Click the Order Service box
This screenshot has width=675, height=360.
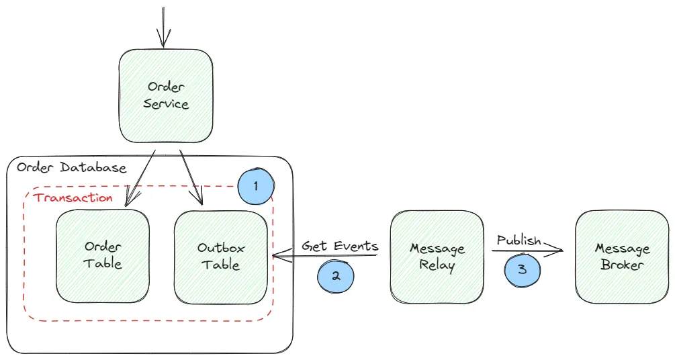166,95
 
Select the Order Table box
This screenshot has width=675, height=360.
103,255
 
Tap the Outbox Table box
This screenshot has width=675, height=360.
221,256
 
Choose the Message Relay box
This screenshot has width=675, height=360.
437,256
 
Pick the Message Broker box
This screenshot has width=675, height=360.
622,256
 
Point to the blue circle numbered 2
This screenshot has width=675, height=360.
335,277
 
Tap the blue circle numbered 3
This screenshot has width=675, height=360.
522,269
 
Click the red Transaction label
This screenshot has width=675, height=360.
73,197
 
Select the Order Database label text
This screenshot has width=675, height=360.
71,168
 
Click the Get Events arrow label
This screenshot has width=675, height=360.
340,246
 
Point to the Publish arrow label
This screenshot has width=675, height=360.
519,240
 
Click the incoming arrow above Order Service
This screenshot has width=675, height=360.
163,27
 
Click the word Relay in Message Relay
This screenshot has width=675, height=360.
437,265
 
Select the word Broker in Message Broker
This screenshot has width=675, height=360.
622,265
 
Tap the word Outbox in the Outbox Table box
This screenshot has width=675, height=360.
221,248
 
